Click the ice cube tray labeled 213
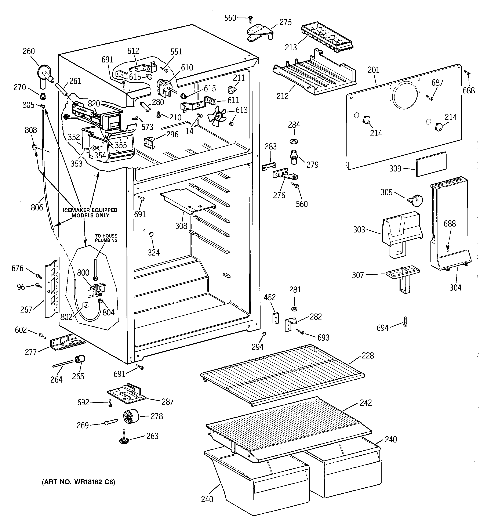[327, 37]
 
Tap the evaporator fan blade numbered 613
[217, 114]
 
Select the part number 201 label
[374, 70]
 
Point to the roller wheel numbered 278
[131, 416]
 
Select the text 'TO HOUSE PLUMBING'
[106, 238]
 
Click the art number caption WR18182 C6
[79, 482]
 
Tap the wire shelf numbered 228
[282, 375]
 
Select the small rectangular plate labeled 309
[431, 164]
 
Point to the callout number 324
[154, 253]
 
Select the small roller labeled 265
[80, 359]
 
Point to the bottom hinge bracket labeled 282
[291, 324]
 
